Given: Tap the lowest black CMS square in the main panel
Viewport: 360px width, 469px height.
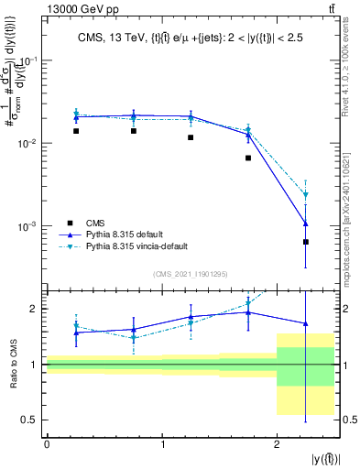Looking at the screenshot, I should (x=306, y=242).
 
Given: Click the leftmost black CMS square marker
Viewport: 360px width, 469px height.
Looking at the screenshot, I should (x=76, y=131).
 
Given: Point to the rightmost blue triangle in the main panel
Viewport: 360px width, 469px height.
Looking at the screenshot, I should (x=306, y=224).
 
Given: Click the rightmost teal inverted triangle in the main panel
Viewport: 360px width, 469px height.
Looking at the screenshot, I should (x=306, y=195).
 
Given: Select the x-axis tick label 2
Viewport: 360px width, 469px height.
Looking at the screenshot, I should (x=278, y=444).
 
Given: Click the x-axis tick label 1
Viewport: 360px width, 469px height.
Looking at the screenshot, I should (x=162, y=444).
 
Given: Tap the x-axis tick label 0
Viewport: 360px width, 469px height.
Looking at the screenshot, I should (x=47, y=444).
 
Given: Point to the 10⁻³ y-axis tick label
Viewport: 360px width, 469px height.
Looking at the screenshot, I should (x=29, y=226).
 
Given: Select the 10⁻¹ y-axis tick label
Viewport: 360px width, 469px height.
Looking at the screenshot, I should (x=29, y=60).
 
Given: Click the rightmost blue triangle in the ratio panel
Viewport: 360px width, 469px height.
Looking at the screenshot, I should (x=306, y=323).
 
